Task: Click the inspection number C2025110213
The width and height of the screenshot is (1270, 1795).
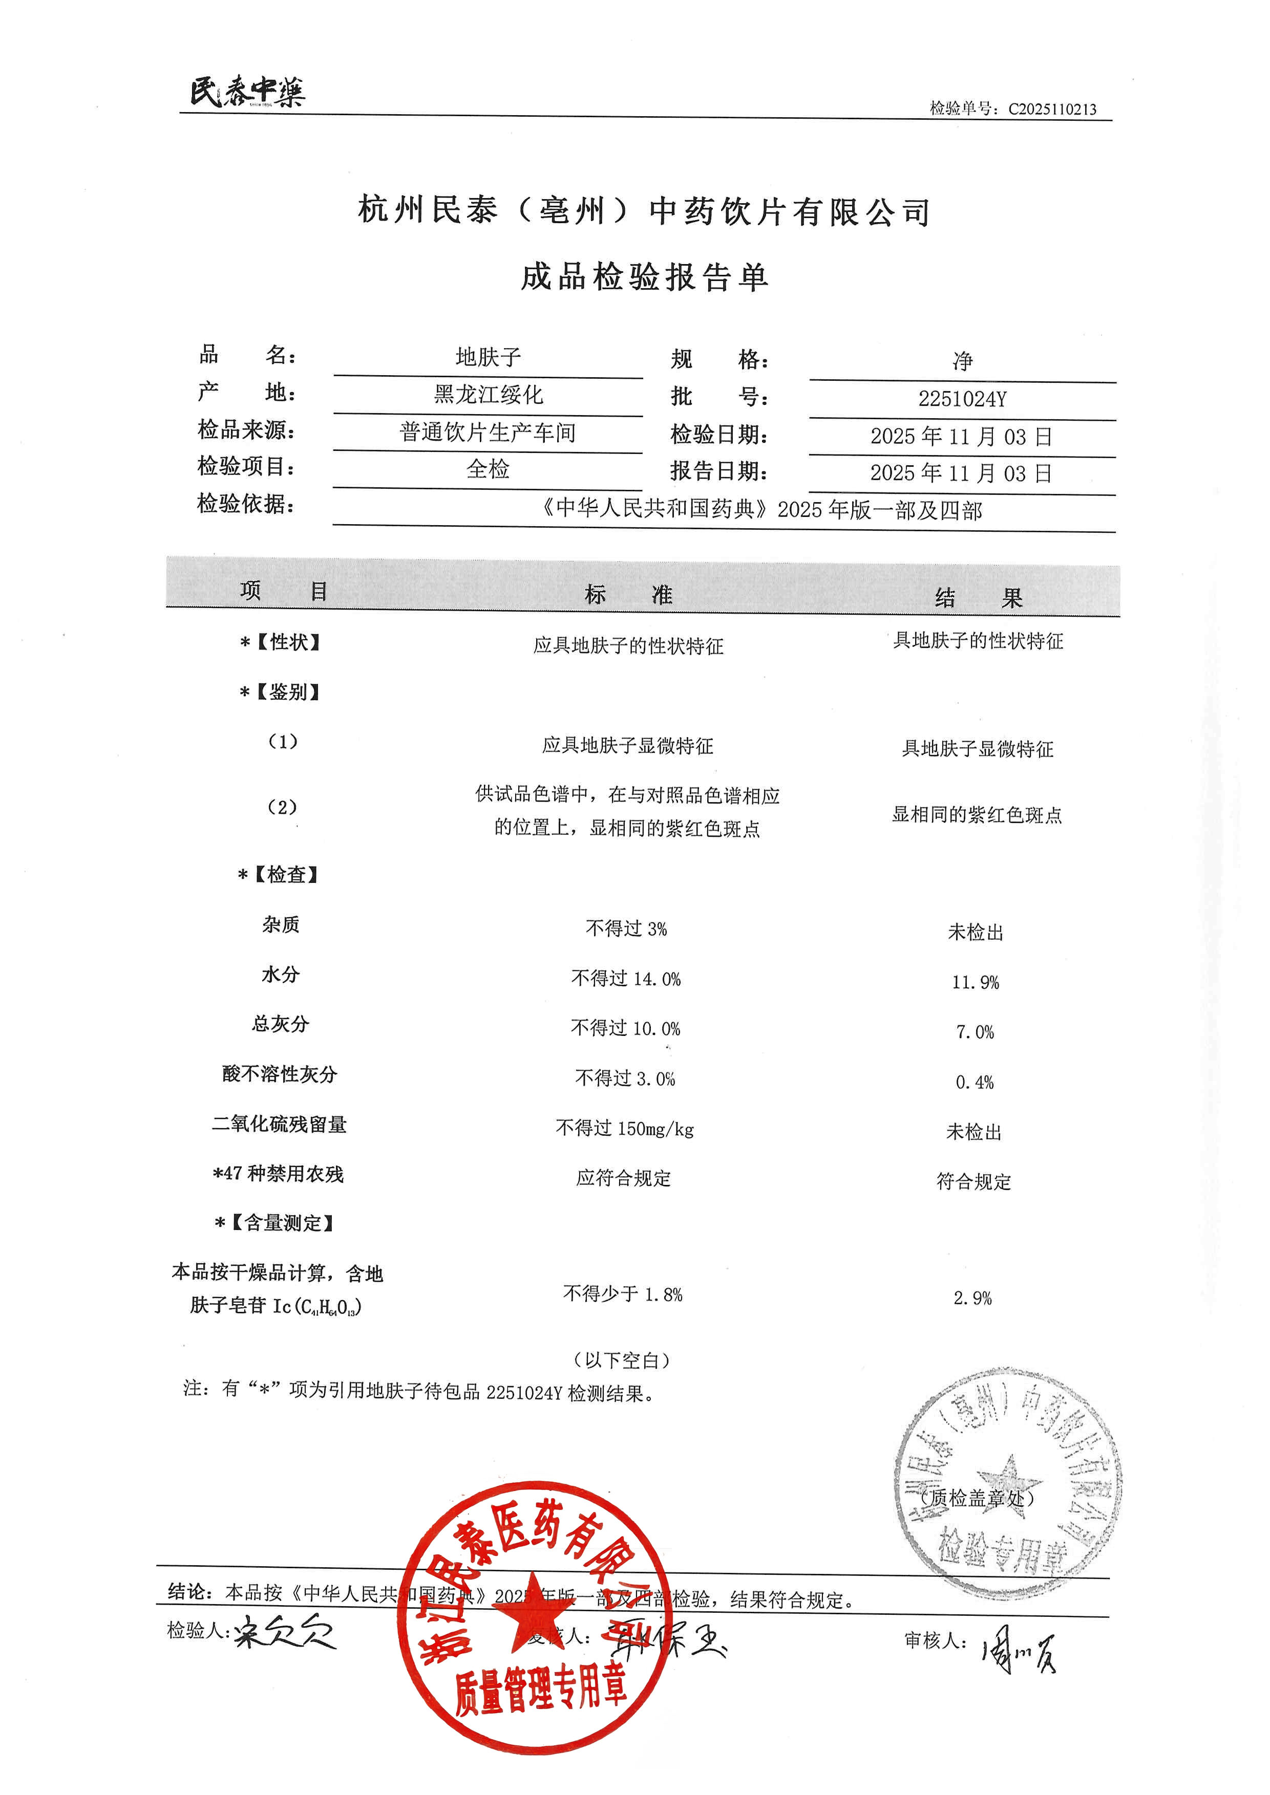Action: [x=1052, y=110]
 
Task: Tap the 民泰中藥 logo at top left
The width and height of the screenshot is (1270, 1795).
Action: [x=247, y=92]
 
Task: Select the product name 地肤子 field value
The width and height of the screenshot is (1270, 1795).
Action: [x=488, y=357]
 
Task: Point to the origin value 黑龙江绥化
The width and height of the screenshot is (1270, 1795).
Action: [x=488, y=395]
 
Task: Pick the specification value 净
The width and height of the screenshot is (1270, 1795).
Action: [x=963, y=361]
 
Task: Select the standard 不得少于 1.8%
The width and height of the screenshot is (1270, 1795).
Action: [x=623, y=1294]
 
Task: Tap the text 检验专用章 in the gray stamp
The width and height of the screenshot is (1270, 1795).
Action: [x=1003, y=1552]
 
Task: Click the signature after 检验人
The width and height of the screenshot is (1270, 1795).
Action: [x=285, y=1632]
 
